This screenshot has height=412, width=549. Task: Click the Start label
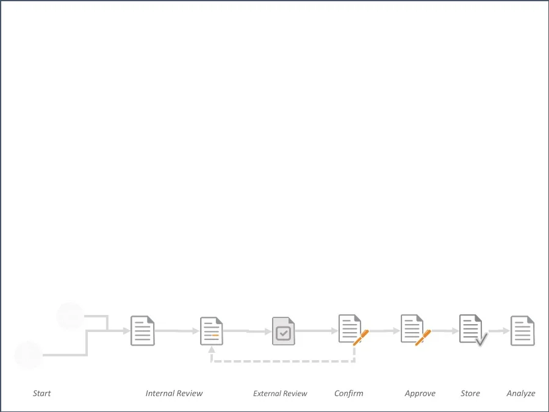[x=42, y=394]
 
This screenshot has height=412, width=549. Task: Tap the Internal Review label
[x=174, y=394]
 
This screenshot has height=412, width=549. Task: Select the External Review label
[x=280, y=394]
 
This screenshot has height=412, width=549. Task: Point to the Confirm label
[x=349, y=394]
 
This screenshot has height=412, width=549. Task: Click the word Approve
[x=420, y=394]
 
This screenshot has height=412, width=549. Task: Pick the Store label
[x=470, y=394]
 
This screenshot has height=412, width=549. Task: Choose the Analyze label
[x=521, y=394]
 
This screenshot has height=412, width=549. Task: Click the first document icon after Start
[x=143, y=331]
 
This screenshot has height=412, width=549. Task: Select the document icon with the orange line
[x=212, y=331]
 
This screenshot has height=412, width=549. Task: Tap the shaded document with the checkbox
[x=283, y=331]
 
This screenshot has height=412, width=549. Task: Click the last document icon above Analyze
[x=523, y=331]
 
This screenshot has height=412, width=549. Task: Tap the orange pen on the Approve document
[x=423, y=338]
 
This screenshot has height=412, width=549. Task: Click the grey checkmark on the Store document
[x=482, y=339]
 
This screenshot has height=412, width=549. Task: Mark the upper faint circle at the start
[x=70, y=316]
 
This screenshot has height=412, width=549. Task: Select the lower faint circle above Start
[x=29, y=355]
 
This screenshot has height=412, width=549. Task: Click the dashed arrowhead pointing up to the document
[x=212, y=350]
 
